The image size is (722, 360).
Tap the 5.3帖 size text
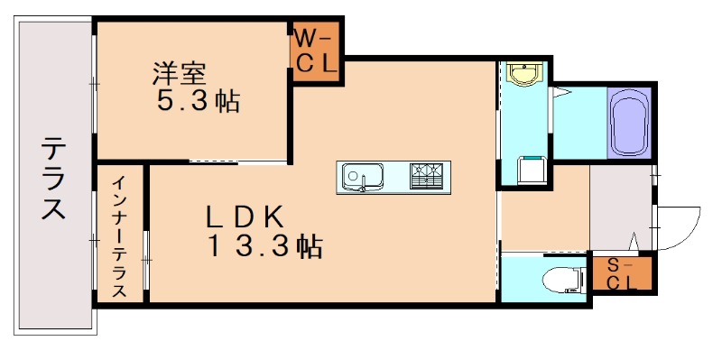[198, 101]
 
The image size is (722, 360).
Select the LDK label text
[245, 217]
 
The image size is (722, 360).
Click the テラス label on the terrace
[53, 178]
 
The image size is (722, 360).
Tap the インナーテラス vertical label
[120, 236]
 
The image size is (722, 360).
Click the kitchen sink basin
[363, 175]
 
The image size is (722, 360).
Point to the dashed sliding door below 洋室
[239, 162]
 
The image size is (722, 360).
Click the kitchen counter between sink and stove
[397, 175]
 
